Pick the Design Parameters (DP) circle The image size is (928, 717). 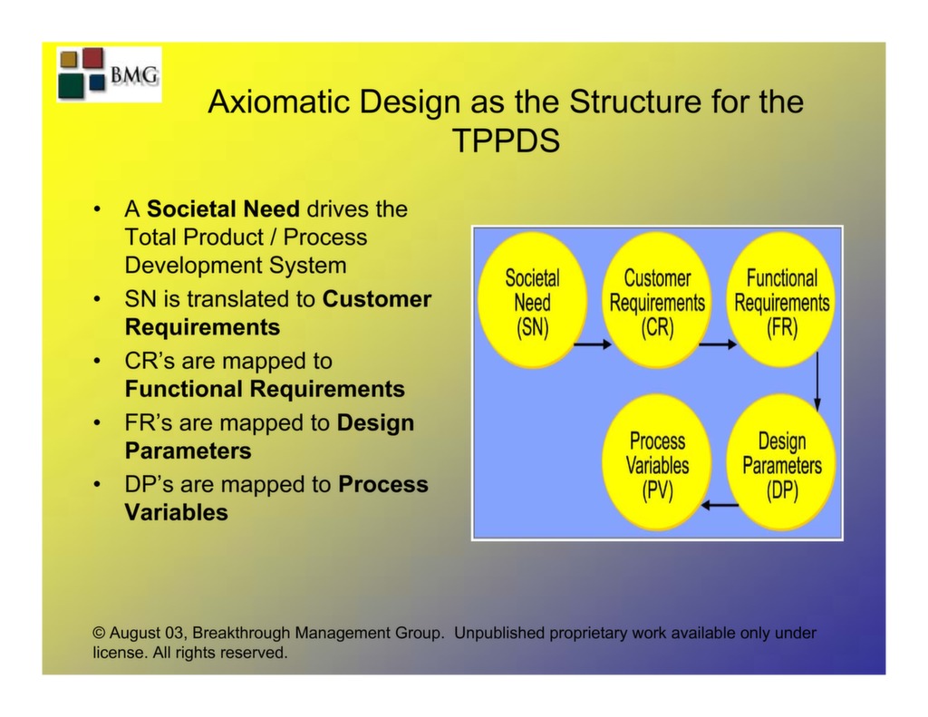click(x=781, y=464)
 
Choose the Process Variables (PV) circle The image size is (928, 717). click(x=658, y=464)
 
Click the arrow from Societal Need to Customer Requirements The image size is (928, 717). click(x=594, y=344)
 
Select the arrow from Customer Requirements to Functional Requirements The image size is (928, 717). click(x=719, y=344)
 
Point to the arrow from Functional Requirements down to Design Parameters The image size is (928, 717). click(x=817, y=382)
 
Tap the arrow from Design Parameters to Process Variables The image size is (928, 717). click(x=720, y=505)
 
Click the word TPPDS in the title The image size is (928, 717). click(x=505, y=140)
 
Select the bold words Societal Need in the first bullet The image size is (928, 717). click(x=223, y=209)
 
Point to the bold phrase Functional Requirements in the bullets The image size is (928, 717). click(x=265, y=390)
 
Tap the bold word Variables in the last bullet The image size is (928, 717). click(x=176, y=513)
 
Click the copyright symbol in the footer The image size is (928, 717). click(x=100, y=634)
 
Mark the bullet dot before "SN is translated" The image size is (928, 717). click(x=97, y=299)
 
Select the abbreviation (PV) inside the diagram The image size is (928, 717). click(x=658, y=491)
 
